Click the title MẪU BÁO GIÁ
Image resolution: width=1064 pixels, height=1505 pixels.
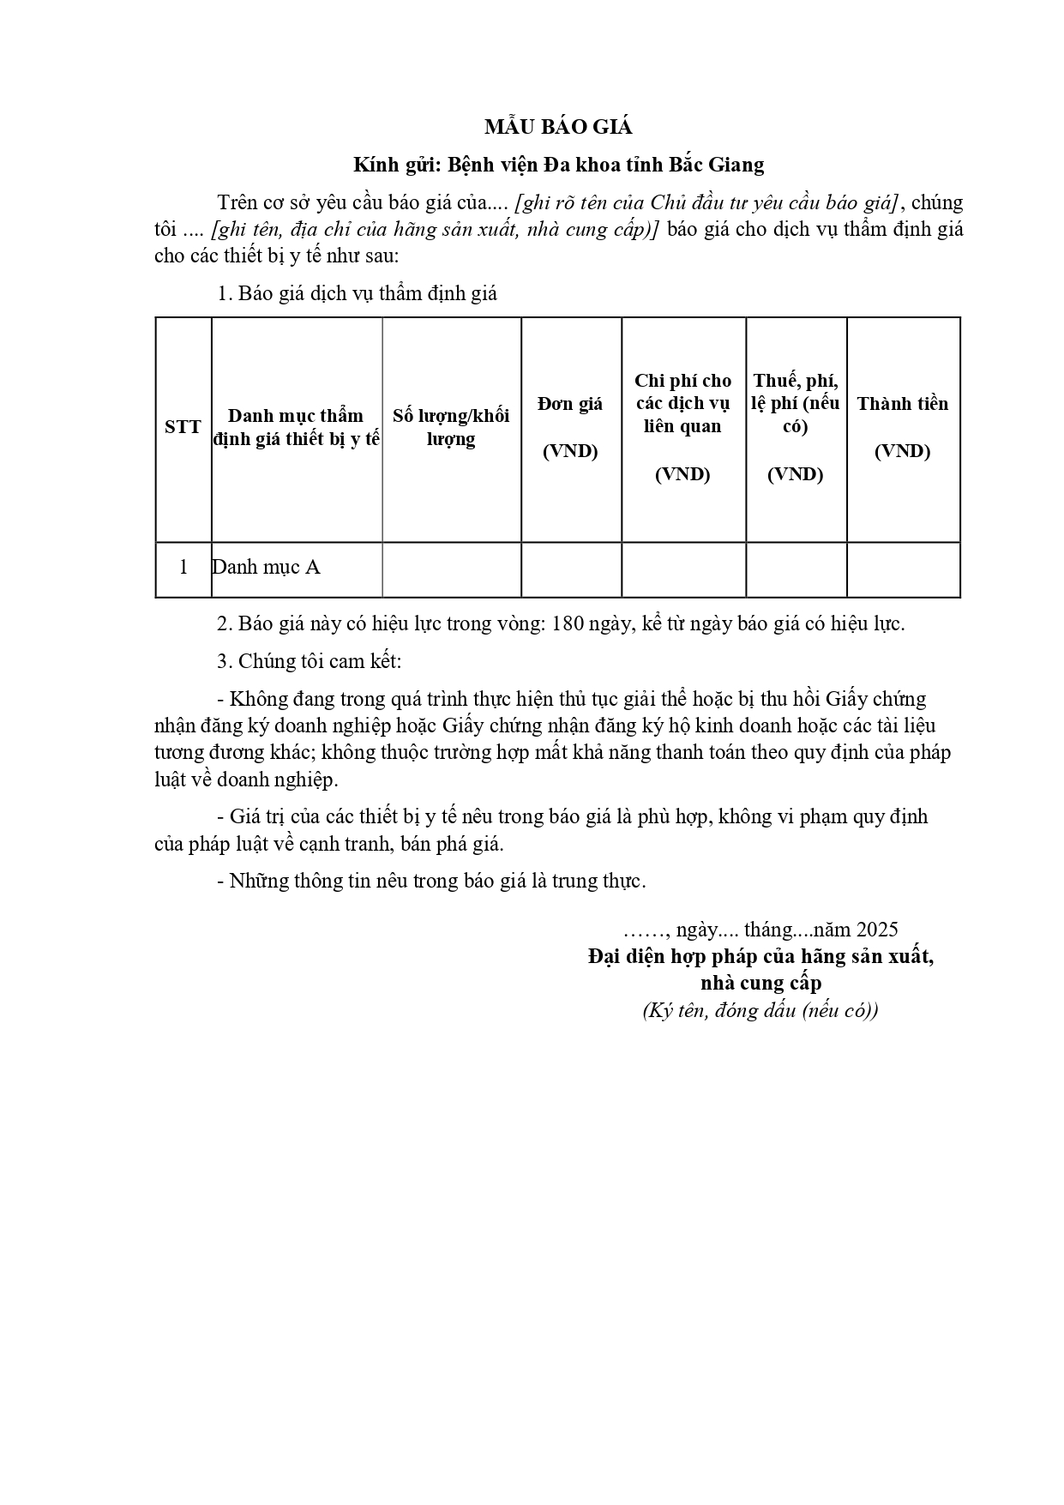coord(558,128)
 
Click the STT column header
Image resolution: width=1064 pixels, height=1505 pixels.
coord(183,427)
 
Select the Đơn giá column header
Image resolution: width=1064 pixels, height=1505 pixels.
coord(570,427)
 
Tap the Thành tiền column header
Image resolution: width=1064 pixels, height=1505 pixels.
coord(903,427)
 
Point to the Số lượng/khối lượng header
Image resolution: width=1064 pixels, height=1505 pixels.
coord(451,427)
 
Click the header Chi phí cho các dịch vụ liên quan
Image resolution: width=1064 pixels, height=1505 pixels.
coord(683,427)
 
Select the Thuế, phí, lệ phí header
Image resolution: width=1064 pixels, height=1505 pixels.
coord(796,427)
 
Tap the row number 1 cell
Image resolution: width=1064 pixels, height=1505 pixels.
coord(183,568)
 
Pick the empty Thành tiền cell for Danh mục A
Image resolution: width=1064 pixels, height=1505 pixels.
coord(903,569)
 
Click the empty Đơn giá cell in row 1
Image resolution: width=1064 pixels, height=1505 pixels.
coord(571,569)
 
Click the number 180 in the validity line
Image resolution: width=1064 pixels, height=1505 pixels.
coord(568,624)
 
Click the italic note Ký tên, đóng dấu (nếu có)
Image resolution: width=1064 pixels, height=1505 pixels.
coord(760,1010)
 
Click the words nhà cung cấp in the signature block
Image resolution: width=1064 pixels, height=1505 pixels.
coord(760,983)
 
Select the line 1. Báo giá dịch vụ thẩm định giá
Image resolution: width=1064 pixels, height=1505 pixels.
coord(358,293)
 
